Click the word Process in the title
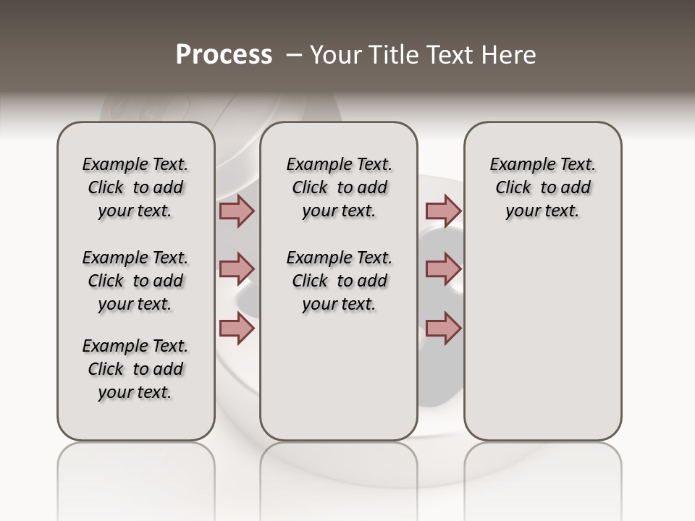[224, 55]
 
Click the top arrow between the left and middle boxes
[237, 211]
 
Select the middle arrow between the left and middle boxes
[237, 269]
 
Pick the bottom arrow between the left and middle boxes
[237, 328]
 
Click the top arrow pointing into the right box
[443, 211]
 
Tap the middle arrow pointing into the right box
[443, 269]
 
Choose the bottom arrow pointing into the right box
[443, 328]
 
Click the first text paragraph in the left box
[135, 187]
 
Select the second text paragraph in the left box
[135, 281]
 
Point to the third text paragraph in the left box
[135, 369]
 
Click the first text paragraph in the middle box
[339, 187]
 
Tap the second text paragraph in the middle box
[339, 281]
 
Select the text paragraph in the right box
[543, 187]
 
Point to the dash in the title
[294, 55]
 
